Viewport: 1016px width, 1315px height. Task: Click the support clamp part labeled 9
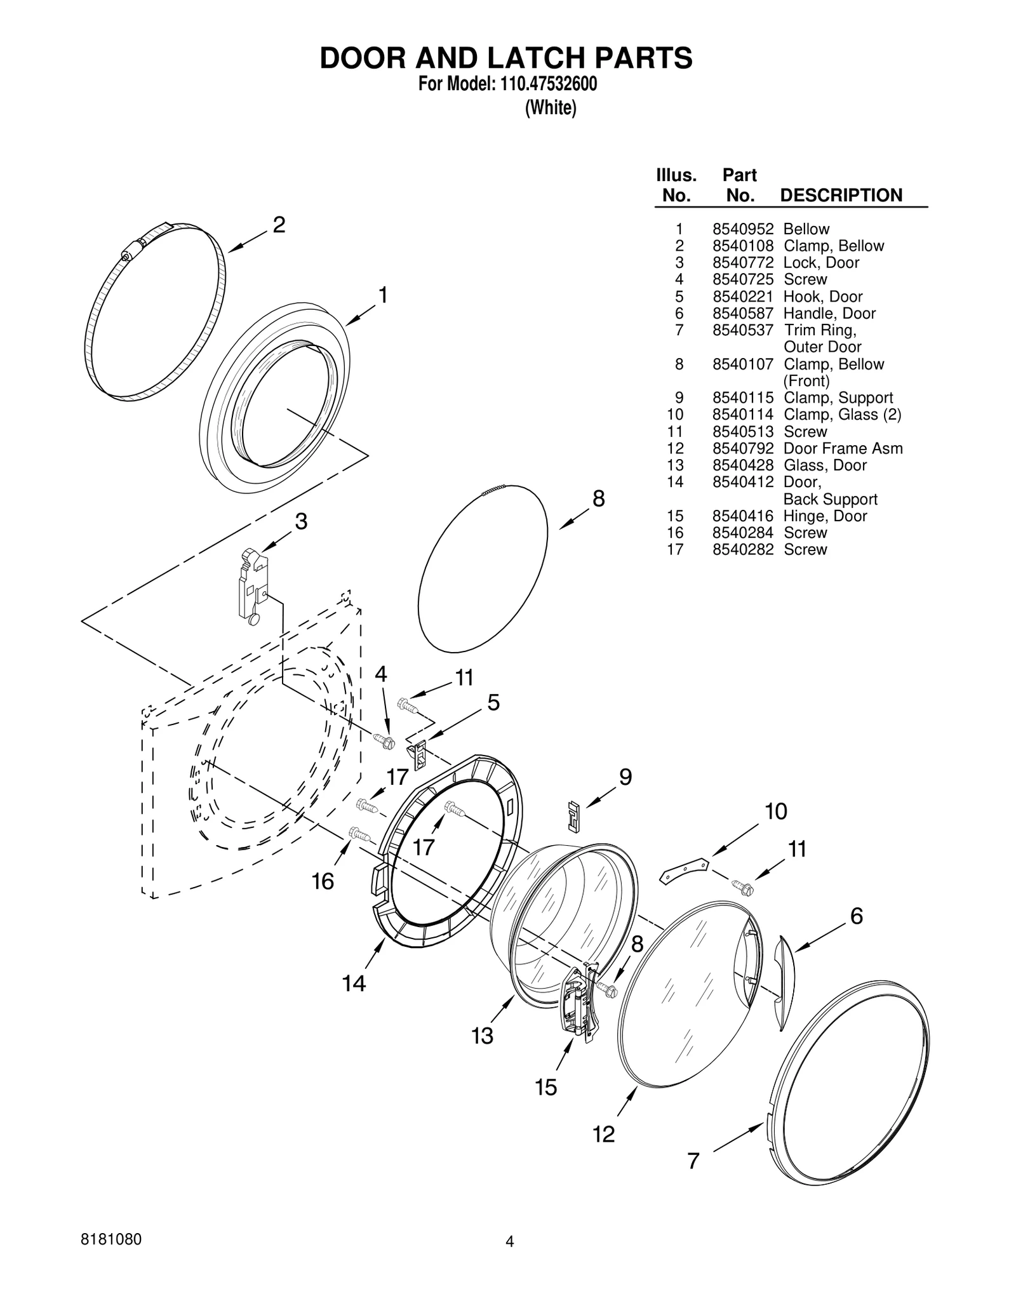pyautogui.click(x=573, y=815)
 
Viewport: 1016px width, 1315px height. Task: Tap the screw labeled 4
pyautogui.click(x=385, y=740)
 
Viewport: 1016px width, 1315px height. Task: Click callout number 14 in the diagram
pyautogui.click(x=354, y=984)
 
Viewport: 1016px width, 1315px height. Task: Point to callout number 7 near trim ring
pyautogui.click(x=693, y=1160)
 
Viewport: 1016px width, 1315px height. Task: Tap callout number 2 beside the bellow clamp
pyautogui.click(x=279, y=225)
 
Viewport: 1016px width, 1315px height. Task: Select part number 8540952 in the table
pyautogui.click(x=742, y=229)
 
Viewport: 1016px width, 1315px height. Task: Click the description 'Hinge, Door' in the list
pyautogui.click(x=824, y=516)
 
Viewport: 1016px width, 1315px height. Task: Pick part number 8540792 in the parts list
pyautogui.click(x=742, y=449)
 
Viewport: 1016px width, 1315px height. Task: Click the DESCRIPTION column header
pyautogui.click(x=840, y=195)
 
